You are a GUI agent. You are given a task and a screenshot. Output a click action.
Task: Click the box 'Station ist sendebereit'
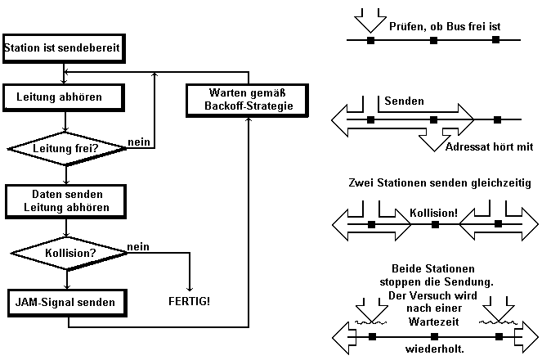click(63, 48)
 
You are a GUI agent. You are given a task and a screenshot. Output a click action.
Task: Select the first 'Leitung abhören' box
click(65, 96)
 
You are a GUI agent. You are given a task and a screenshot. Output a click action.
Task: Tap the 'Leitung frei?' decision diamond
click(65, 148)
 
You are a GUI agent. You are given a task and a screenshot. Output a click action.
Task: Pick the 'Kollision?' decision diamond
click(65, 253)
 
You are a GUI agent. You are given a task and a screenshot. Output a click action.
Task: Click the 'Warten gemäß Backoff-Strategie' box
click(243, 100)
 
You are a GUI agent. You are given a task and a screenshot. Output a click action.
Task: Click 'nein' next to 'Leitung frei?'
click(137, 142)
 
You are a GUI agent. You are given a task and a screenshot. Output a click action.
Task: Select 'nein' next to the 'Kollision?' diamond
click(137, 245)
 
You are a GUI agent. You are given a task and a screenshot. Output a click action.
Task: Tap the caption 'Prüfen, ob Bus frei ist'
click(445, 26)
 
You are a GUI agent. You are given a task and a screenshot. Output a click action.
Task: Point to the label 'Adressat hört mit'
click(488, 147)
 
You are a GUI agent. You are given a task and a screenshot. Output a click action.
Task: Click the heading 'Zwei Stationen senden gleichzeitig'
click(438, 184)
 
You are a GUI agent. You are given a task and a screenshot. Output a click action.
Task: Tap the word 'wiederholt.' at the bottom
click(433, 349)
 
